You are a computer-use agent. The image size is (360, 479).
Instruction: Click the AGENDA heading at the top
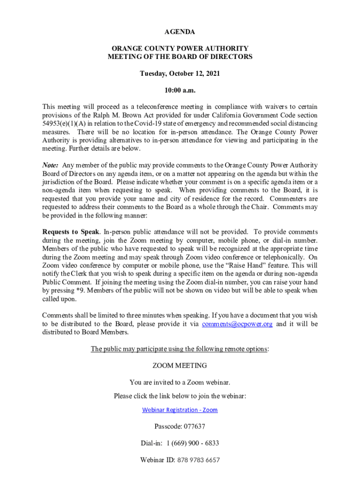[180, 32]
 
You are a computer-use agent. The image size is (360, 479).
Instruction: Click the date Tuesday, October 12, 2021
[180, 73]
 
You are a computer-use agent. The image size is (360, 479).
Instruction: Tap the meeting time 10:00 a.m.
[180, 90]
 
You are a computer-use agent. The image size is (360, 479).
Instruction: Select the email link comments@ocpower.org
[237, 324]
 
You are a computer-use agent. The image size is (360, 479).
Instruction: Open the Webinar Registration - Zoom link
[180, 410]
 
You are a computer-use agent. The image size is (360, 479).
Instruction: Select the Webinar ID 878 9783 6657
[198, 460]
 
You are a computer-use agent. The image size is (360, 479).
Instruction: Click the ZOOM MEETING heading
[180, 365]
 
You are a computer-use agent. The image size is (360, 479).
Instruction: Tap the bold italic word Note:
[50, 165]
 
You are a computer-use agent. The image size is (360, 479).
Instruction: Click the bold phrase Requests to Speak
[71, 232]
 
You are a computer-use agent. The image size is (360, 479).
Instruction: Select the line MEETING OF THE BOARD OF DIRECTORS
[180, 57]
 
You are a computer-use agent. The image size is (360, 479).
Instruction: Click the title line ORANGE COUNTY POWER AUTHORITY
[180, 48]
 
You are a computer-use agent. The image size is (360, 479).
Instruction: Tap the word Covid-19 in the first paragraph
[159, 123]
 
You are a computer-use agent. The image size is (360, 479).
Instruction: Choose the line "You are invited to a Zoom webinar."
[180, 382]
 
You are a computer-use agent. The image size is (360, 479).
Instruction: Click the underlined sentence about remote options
[180, 348]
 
